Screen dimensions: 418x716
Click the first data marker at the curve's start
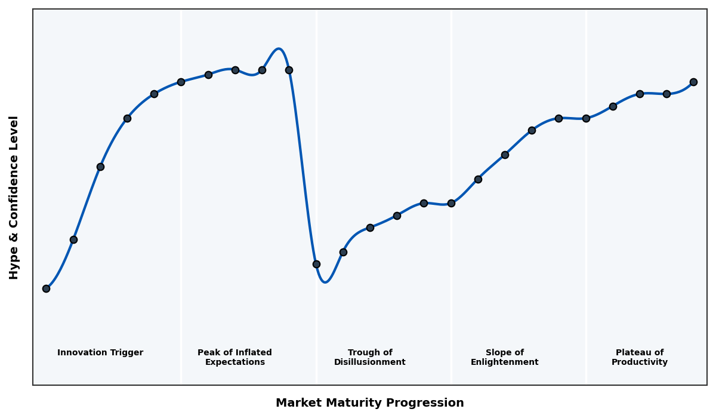point(46,288)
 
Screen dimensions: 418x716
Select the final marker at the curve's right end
point(693,82)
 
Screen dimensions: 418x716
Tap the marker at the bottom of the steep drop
point(316,264)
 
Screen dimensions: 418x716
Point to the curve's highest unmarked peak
point(278,49)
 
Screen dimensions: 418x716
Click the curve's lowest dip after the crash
point(325,282)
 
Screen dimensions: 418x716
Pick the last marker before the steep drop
point(289,70)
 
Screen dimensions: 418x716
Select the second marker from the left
point(73,239)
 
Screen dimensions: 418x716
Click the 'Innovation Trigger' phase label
point(100,353)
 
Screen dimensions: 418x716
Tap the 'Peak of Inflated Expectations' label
point(234,357)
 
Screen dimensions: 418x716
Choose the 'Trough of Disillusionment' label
point(370,357)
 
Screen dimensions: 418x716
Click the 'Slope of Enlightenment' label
point(505,357)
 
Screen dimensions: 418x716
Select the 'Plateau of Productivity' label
point(640,357)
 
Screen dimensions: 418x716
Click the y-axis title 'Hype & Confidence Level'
point(14,197)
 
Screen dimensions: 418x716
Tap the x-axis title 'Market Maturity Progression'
point(370,403)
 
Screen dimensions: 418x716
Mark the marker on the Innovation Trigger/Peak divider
point(181,82)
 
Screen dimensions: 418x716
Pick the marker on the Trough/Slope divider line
point(451,203)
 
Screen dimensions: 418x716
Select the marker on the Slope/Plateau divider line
point(586,118)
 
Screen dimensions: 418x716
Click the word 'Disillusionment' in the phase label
point(370,362)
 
